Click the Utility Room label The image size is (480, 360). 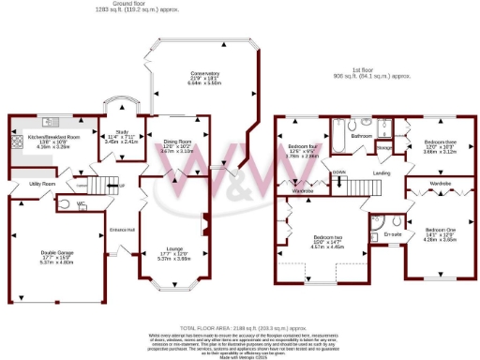coord(42,184)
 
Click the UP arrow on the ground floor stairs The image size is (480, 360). coord(121,186)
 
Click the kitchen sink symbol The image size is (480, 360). coord(51,122)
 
